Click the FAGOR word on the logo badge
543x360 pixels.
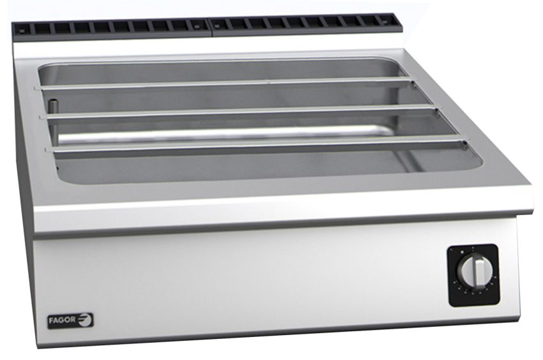point(62,320)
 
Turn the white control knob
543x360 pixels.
point(473,273)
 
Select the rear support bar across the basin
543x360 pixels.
point(224,83)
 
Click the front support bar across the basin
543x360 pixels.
point(256,144)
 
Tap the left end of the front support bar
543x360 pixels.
point(49,149)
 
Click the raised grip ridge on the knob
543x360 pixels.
point(474,273)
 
